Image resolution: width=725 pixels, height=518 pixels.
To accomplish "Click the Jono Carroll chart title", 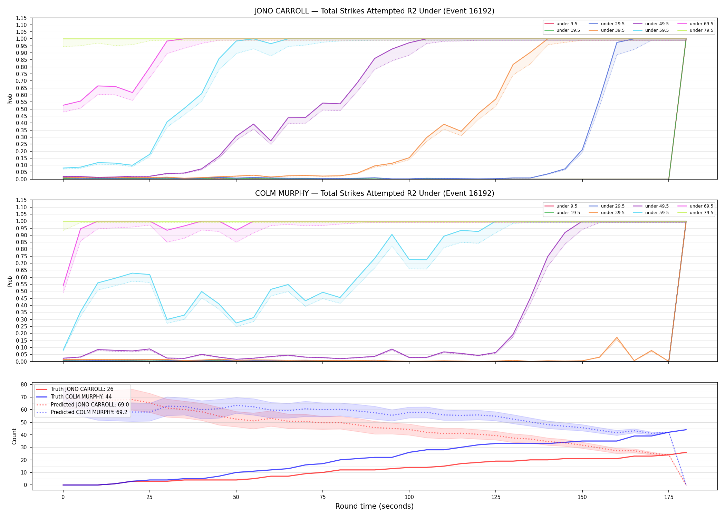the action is tap(375, 11).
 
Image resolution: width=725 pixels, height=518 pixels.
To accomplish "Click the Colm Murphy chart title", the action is tap(375, 193).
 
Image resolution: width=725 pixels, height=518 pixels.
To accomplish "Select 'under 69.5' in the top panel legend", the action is tap(701, 24).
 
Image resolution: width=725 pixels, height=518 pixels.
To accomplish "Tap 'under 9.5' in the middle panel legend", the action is tap(567, 206).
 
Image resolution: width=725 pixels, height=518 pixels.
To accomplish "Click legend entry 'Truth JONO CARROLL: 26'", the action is tap(82, 389).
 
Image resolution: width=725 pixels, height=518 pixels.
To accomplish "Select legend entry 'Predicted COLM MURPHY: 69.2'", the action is tap(89, 412).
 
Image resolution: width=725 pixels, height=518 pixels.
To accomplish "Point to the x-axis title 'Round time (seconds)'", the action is tap(374, 506).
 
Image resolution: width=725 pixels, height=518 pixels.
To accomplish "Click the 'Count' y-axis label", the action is tap(14, 436).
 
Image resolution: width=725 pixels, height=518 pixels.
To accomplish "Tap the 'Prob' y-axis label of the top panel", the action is tap(10, 99).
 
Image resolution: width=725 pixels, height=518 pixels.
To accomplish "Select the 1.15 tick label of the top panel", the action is tap(21, 18).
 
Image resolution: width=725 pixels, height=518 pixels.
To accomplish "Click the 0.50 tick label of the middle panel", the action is tap(21, 291).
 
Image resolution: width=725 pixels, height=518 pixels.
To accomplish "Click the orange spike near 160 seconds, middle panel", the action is tap(617, 337).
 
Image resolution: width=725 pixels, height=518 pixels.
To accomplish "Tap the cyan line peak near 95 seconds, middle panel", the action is tap(392, 234).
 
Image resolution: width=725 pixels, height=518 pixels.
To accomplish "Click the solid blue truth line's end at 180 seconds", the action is tap(686, 430).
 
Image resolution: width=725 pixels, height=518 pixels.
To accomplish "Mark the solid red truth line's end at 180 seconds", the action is tap(686, 452).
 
